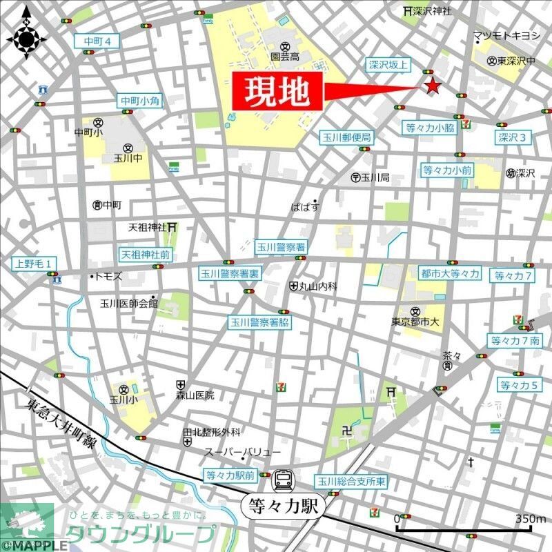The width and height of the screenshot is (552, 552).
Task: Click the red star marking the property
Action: [432, 86]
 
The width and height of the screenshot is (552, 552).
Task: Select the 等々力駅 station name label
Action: [283, 506]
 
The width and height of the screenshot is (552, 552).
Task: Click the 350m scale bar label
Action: [530, 518]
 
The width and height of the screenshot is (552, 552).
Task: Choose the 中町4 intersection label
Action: [97, 41]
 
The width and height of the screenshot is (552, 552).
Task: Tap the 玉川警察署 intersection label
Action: [282, 246]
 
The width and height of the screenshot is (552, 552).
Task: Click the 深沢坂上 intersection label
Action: [388, 65]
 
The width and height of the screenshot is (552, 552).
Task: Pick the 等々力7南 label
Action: [516, 340]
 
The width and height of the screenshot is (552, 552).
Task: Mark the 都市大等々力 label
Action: [450, 274]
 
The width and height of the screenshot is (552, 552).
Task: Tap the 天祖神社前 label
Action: [145, 254]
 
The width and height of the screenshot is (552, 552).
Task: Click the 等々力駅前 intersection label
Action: [230, 475]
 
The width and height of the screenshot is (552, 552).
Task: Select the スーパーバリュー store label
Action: [242, 451]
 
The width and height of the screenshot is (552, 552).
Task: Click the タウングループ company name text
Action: [141, 534]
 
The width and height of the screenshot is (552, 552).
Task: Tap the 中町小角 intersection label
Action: [140, 101]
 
